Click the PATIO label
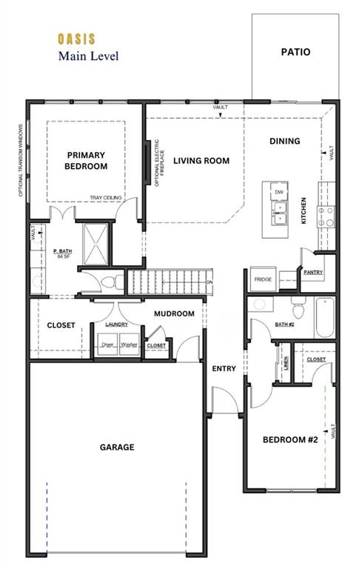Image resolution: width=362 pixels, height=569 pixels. [x=295, y=53]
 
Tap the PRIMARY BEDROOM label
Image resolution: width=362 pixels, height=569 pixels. [x=87, y=161]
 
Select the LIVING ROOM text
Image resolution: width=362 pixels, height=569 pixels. [x=201, y=161]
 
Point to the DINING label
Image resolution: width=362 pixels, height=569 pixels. [x=284, y=142]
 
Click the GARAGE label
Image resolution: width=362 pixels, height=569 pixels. [x=117, y=447]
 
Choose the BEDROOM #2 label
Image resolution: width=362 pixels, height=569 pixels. [x=290, y=440]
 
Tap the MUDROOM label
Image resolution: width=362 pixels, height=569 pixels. [x=174, y=314]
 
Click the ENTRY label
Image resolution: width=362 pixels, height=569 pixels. [x=223, y=369]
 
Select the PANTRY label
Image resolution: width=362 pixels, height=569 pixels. [x=312, y=273]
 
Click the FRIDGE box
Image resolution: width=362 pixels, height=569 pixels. [x=263, y=279]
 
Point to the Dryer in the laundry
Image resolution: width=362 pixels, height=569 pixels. [x=108, y=345]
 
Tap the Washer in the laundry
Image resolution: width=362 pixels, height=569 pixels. [x=129, y=345]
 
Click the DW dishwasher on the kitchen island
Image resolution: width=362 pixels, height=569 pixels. [x=279, y=193]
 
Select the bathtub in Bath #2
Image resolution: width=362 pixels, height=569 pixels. [x=324, y=316]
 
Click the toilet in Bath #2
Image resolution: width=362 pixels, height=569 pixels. [x=297, y=308]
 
